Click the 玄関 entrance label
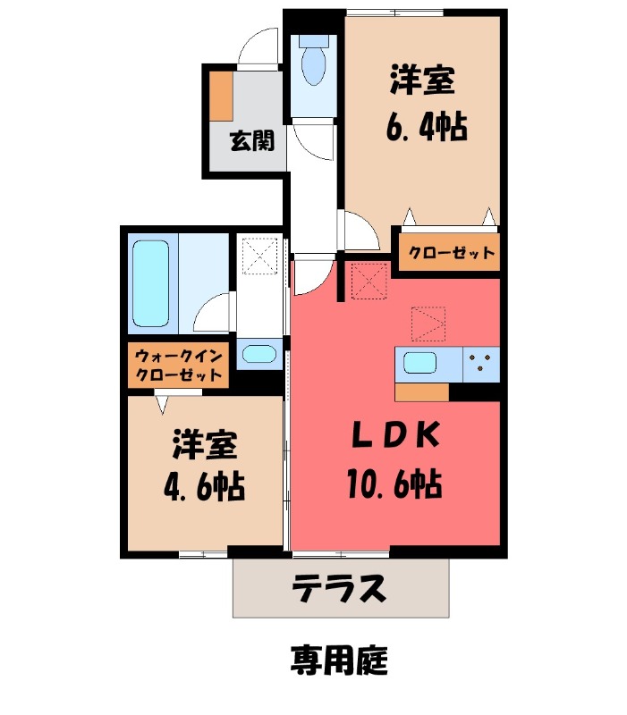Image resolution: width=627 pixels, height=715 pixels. coord(251,140)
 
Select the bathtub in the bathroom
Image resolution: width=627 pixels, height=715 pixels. coord(151,282)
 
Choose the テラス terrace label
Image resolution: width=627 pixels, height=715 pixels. coord(339,588)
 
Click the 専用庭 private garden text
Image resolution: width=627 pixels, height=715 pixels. coord(338,660)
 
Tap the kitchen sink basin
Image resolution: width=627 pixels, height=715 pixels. coord(419,363)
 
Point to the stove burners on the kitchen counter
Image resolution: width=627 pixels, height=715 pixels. coord(480,362)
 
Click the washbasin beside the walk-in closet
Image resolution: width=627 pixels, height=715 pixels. coord(258,353)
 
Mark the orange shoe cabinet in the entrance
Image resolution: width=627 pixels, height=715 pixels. coord(221,96)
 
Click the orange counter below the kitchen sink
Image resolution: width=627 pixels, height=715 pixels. coord(421,391)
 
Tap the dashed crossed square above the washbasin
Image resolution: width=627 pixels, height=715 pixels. coord(259,257)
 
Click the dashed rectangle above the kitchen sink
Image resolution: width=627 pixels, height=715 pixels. coord(428,324)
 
